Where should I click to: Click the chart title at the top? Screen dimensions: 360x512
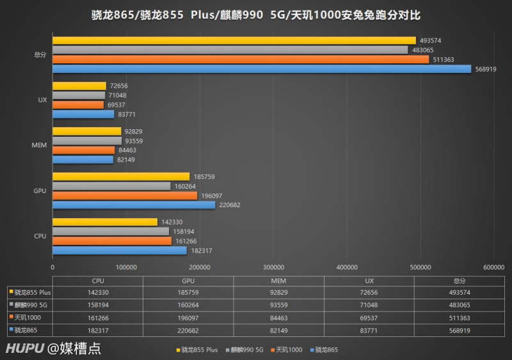coord(255,13)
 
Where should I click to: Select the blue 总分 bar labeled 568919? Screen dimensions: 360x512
coord(262,69)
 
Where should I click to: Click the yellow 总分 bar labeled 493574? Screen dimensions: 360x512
coord(234,40)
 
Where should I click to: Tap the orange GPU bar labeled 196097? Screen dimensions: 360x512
coord(125,196)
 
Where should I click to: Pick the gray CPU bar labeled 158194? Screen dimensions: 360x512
coord(111,231)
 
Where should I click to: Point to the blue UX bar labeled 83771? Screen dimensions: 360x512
coord(83,114)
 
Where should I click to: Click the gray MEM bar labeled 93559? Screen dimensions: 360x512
coord(87,141)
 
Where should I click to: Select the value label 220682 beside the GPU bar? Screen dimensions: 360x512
coord(230,205)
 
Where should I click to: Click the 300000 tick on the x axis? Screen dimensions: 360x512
coord(273,267)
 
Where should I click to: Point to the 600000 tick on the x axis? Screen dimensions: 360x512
coord(493,267)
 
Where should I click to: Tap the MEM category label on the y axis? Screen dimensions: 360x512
coord(39,145)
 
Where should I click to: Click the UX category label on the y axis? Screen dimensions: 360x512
coord(42,100)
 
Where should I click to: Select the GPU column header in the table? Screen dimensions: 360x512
coord(188,280)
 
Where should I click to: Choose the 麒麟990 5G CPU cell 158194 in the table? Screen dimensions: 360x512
coord(97,305)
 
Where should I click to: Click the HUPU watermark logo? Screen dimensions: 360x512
coord(24,348)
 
